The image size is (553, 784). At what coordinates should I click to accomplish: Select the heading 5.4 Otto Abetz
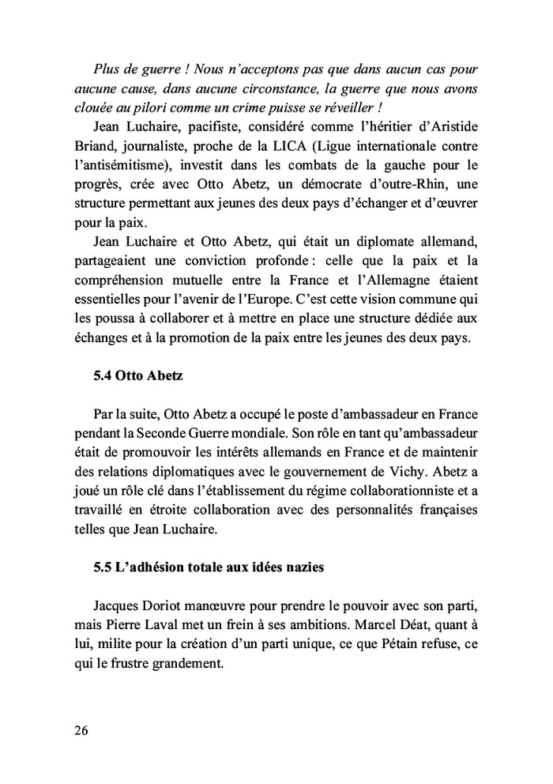(x=137, y=375)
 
